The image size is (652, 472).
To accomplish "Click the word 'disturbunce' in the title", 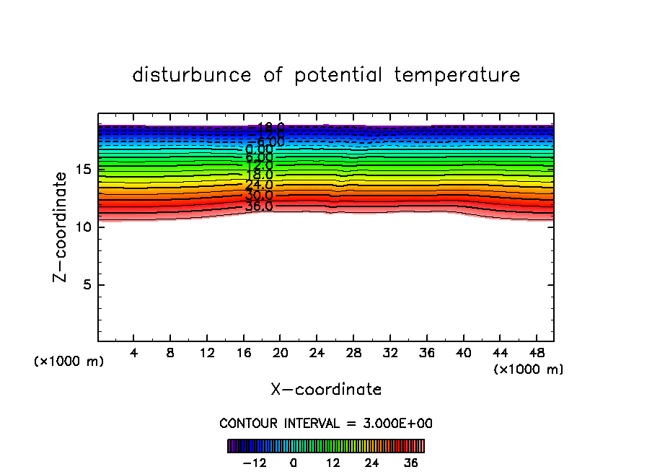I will pyautogui.click(x=192, y=75).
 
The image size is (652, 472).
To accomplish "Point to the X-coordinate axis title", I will pyautogui.click(x=326, y=390).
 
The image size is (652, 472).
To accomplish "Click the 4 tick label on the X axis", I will pyautogui.click(x=134, y=354).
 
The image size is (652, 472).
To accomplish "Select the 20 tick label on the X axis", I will pyautogui.click(x=280, y=354).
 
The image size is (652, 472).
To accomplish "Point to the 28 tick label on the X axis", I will pyautogui.click(x=353, y=354).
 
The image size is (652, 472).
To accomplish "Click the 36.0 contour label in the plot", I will pyautogui.click(x=259, y=206).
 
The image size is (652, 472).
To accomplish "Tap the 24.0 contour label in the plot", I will pyautogui.click(x=259, y=185).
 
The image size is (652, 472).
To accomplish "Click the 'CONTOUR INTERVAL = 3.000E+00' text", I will pyautogui.click(x=326, y=423).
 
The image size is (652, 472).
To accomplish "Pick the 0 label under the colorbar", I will pyautogui.click(x=294, y=463).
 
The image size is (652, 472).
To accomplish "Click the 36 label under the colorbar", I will pyautogui.click(x=411, y=463).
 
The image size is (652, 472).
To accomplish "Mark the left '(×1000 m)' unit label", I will pyautogui.click(x=69, y=362).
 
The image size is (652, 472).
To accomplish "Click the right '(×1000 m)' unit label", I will pyautogui.click(x=529, y=370).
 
